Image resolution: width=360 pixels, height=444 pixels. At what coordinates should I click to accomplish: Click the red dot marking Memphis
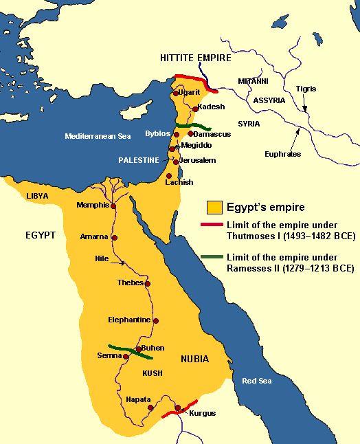coord(113,206)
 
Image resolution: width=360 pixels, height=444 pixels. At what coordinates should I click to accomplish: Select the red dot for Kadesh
coord(196,109)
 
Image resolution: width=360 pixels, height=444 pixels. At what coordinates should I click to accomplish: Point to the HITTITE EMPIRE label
coord(194,58)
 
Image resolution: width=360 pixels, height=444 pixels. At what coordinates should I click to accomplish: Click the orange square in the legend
coord(215,206)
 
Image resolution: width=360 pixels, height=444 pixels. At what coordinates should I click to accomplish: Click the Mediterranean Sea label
coord(98,136)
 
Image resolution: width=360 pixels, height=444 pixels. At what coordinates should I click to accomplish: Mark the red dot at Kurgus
coord(177,408)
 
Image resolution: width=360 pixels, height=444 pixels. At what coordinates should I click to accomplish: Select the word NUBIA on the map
coord(195,359)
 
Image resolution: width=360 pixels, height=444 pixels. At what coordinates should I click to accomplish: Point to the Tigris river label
coord(306,89)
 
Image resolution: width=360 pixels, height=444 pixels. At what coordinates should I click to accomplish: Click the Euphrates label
coord(282,154)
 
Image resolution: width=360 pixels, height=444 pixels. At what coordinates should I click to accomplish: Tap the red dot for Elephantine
coord(156,320)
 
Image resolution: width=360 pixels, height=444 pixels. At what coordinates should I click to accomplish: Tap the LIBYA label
coord(37,196)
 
